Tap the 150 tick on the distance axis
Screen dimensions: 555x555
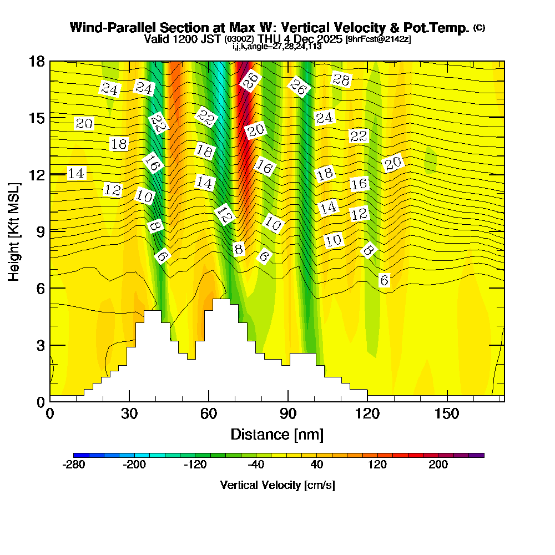(447, 413)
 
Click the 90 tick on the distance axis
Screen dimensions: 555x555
(288, 413)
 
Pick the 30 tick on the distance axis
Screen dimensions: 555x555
(129, 413)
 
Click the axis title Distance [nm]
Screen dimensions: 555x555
(277, 433)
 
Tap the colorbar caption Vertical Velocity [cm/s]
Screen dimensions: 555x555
(277, 485)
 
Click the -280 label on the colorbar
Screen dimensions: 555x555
(74, 465)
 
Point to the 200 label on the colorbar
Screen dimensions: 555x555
(438, 465)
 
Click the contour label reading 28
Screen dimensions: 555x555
(341, 79)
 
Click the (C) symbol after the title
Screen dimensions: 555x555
(479, 27)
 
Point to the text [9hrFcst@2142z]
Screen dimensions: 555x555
(378, 39)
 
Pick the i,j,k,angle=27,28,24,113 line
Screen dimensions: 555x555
(277, 46)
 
